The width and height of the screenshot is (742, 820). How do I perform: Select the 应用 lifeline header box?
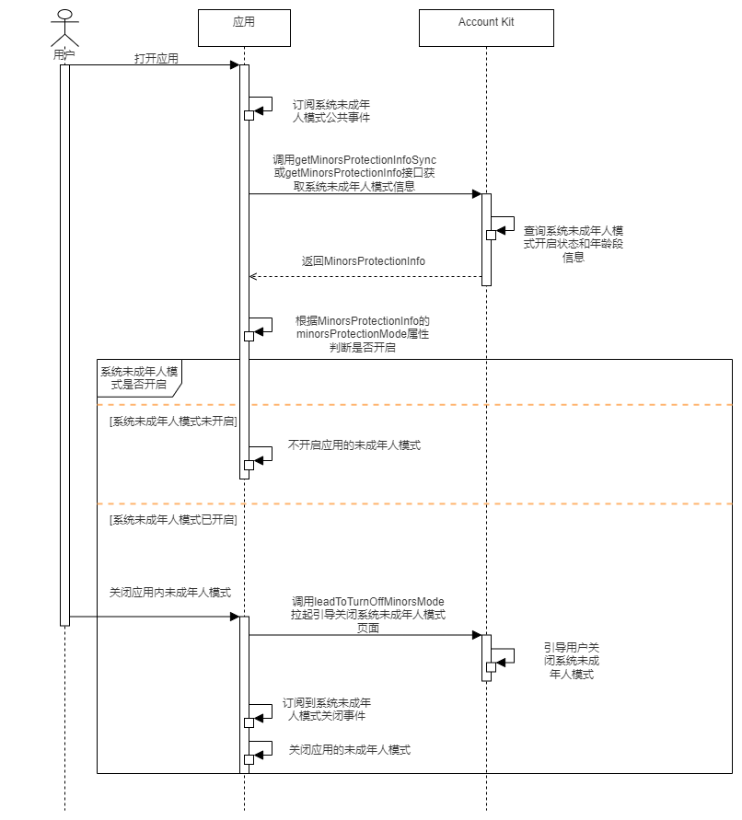[x=244, y=28]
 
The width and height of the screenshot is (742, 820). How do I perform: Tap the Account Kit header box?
[x=486, y=28]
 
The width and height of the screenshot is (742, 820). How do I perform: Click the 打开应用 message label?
[x=157, y=58]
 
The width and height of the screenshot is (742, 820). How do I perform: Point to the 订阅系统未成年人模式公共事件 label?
[x=331, y=111]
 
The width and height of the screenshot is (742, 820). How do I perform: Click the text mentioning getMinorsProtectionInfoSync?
[x=354, y=173]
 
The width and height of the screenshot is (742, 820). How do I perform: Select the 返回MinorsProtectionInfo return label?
[x=364, y=261]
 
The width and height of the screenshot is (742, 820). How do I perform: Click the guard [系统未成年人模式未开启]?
[x=172, y=422]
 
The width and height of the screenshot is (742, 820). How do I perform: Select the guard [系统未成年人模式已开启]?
[x=172, y=520]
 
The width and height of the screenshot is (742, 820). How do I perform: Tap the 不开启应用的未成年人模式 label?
[x=354, y=445]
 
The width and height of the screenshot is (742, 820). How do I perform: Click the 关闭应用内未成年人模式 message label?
[x=170, y=592]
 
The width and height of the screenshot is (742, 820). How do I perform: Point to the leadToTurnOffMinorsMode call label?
[x=368, y=614]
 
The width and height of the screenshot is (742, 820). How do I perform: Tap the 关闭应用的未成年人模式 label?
[x=350, y=750]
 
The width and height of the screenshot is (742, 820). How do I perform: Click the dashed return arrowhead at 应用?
[x=253, y=276]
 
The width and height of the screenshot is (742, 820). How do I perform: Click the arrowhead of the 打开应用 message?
[x=235, y=64]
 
